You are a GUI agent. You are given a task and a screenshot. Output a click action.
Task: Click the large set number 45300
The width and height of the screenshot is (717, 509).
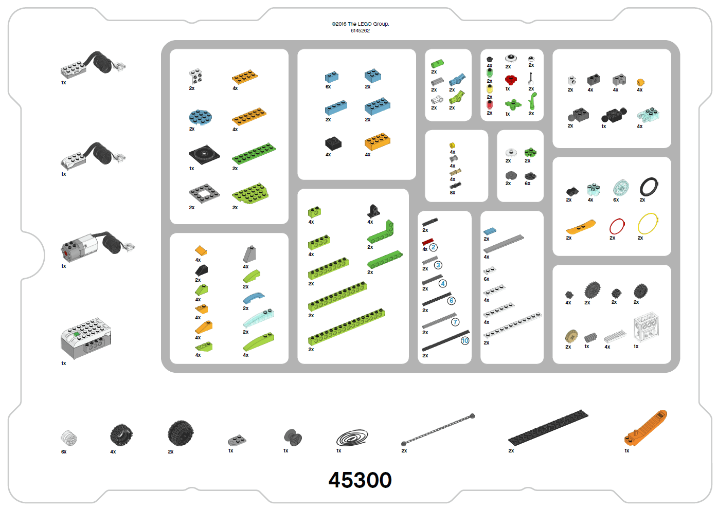[x=360, y=480]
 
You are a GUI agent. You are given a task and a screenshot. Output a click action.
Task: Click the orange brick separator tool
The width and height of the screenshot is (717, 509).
[x=646, y=428]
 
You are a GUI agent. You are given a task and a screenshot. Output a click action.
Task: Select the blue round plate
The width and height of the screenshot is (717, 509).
[x=200, y=117]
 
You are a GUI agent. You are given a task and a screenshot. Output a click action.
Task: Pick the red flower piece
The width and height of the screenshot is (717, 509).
[x=511, y=79]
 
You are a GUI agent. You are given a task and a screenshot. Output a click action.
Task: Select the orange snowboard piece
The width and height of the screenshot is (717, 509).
[x=580, y=227]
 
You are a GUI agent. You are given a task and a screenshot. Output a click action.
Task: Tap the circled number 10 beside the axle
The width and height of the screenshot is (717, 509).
[x=465, y=341]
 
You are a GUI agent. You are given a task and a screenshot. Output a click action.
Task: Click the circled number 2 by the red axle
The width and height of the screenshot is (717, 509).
[x=433, y=247]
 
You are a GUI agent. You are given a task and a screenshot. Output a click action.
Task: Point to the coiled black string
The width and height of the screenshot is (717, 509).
[x=352, y=438]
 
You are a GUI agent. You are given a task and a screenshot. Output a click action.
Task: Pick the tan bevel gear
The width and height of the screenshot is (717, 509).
[x=571, y=336]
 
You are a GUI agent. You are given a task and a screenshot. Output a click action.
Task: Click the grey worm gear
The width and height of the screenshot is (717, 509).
[x=590, y=337]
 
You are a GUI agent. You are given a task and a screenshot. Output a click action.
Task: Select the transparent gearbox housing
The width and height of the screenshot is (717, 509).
[x=646, y=327]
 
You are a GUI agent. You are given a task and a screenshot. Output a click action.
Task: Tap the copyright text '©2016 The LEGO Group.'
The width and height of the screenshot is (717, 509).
[x=360, y=24]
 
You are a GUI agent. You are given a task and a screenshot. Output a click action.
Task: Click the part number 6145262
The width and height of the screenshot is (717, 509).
[x=360, y=31]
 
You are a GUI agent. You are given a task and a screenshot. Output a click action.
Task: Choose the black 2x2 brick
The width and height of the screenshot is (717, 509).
[x=333, y=143]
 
